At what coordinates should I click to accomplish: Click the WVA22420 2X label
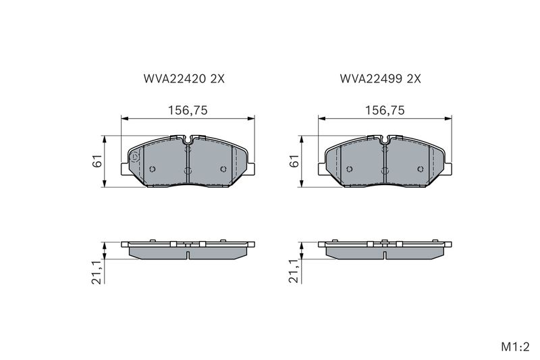[184, 79]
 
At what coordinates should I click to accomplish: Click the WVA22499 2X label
[381, 79]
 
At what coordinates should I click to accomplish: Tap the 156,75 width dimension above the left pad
[188, 110]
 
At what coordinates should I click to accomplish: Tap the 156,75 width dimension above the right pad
[385, 110]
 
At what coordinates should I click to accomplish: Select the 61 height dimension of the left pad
[98, 161]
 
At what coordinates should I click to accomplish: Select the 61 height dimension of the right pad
[295, 161]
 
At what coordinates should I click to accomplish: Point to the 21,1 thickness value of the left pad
[98, 272]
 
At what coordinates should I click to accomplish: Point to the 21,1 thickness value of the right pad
[295, 272]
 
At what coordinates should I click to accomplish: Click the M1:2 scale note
[515, 347]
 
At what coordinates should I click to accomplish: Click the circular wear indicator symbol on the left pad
[134, 158]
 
